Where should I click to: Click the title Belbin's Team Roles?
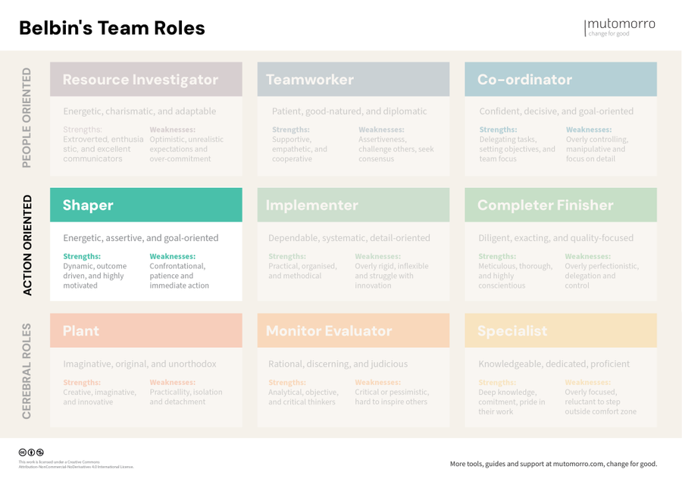point(111,28)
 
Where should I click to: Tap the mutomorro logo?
point(620,27)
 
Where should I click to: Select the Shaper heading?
point(88,205)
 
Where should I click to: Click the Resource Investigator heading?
point(140,80)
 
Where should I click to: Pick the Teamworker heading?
point(310,80)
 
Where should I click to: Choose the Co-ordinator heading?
point(524,80)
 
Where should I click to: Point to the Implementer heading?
point(312,205)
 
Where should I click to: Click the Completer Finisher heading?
point(544,205)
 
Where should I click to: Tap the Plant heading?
point(81,331)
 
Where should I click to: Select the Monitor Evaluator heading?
point(329,331)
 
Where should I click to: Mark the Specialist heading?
point(512,331)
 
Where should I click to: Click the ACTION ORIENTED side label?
point(28,245)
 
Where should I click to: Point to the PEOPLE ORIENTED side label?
point(28,117)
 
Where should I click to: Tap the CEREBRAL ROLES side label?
point(28,371)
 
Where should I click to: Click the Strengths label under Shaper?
point(82,256)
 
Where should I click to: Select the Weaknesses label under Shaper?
point(172,256)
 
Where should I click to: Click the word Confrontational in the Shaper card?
point(177,266)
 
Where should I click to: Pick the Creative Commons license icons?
point(31,452)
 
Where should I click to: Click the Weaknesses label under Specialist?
point(587,383)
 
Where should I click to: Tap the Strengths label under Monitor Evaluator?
point(287,383)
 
